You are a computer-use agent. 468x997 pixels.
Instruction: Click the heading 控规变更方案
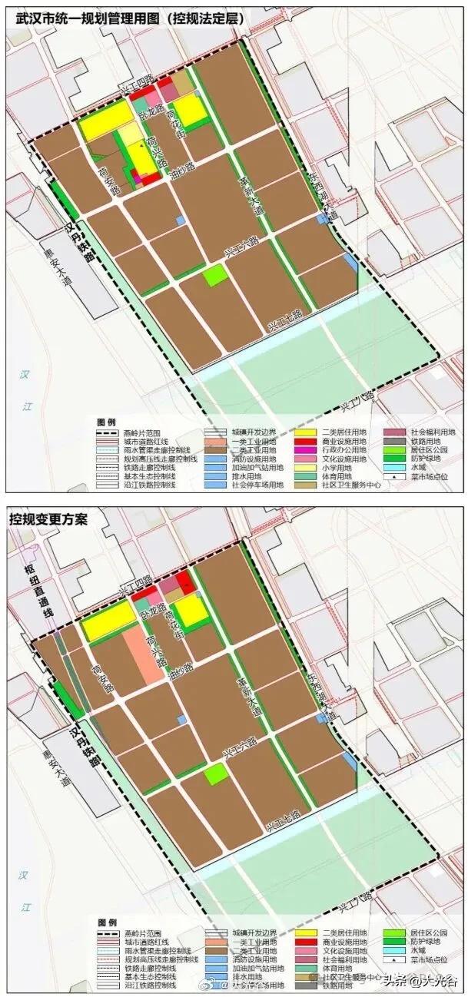coord(48,518)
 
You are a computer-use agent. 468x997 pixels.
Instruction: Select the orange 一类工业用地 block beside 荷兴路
coord(143,654)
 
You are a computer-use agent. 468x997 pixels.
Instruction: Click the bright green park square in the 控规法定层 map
coord(215,275)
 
